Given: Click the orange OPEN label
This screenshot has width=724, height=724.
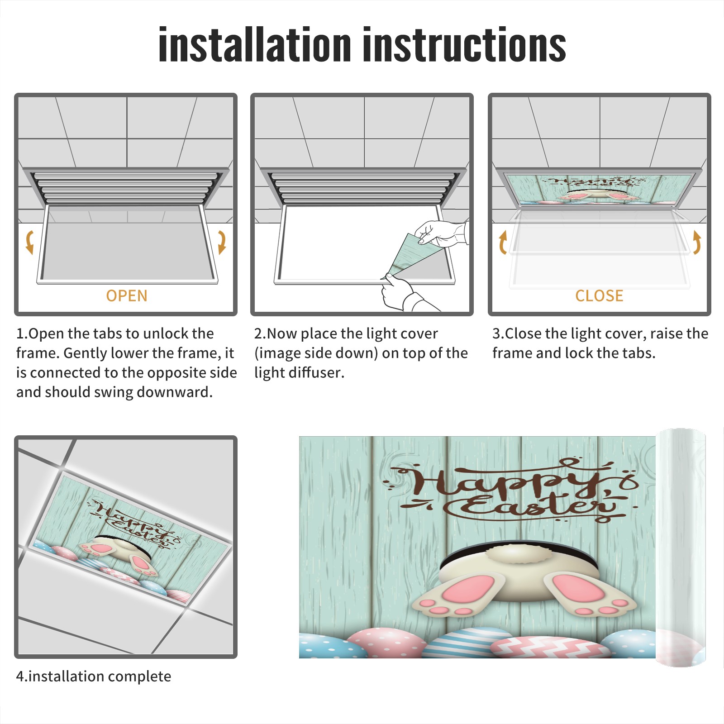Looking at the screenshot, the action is tap(127, 295).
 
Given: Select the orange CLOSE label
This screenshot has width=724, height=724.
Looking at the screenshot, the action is tap(599, 295).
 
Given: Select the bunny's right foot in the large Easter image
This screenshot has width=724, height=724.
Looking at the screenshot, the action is tap(590, 594).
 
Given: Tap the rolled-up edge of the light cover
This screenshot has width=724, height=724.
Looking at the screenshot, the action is tap(681, 548).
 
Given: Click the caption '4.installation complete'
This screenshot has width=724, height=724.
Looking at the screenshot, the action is tap(94, 676).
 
